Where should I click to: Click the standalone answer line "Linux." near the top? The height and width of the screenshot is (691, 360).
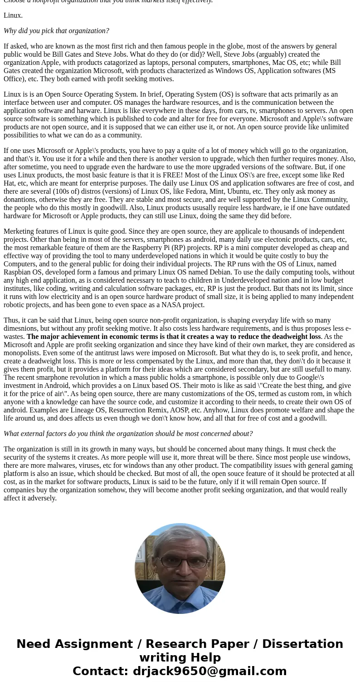pos(13,15)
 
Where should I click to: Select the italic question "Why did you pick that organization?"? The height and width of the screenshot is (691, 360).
pos(56,31)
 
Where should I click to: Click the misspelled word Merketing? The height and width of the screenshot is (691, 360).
pos(20,231)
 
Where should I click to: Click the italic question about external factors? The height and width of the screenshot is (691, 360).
pos(128,434)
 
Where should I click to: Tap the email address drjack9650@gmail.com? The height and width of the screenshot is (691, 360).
pos(209,671)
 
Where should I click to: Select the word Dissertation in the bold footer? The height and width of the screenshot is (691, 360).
pos(302,644)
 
